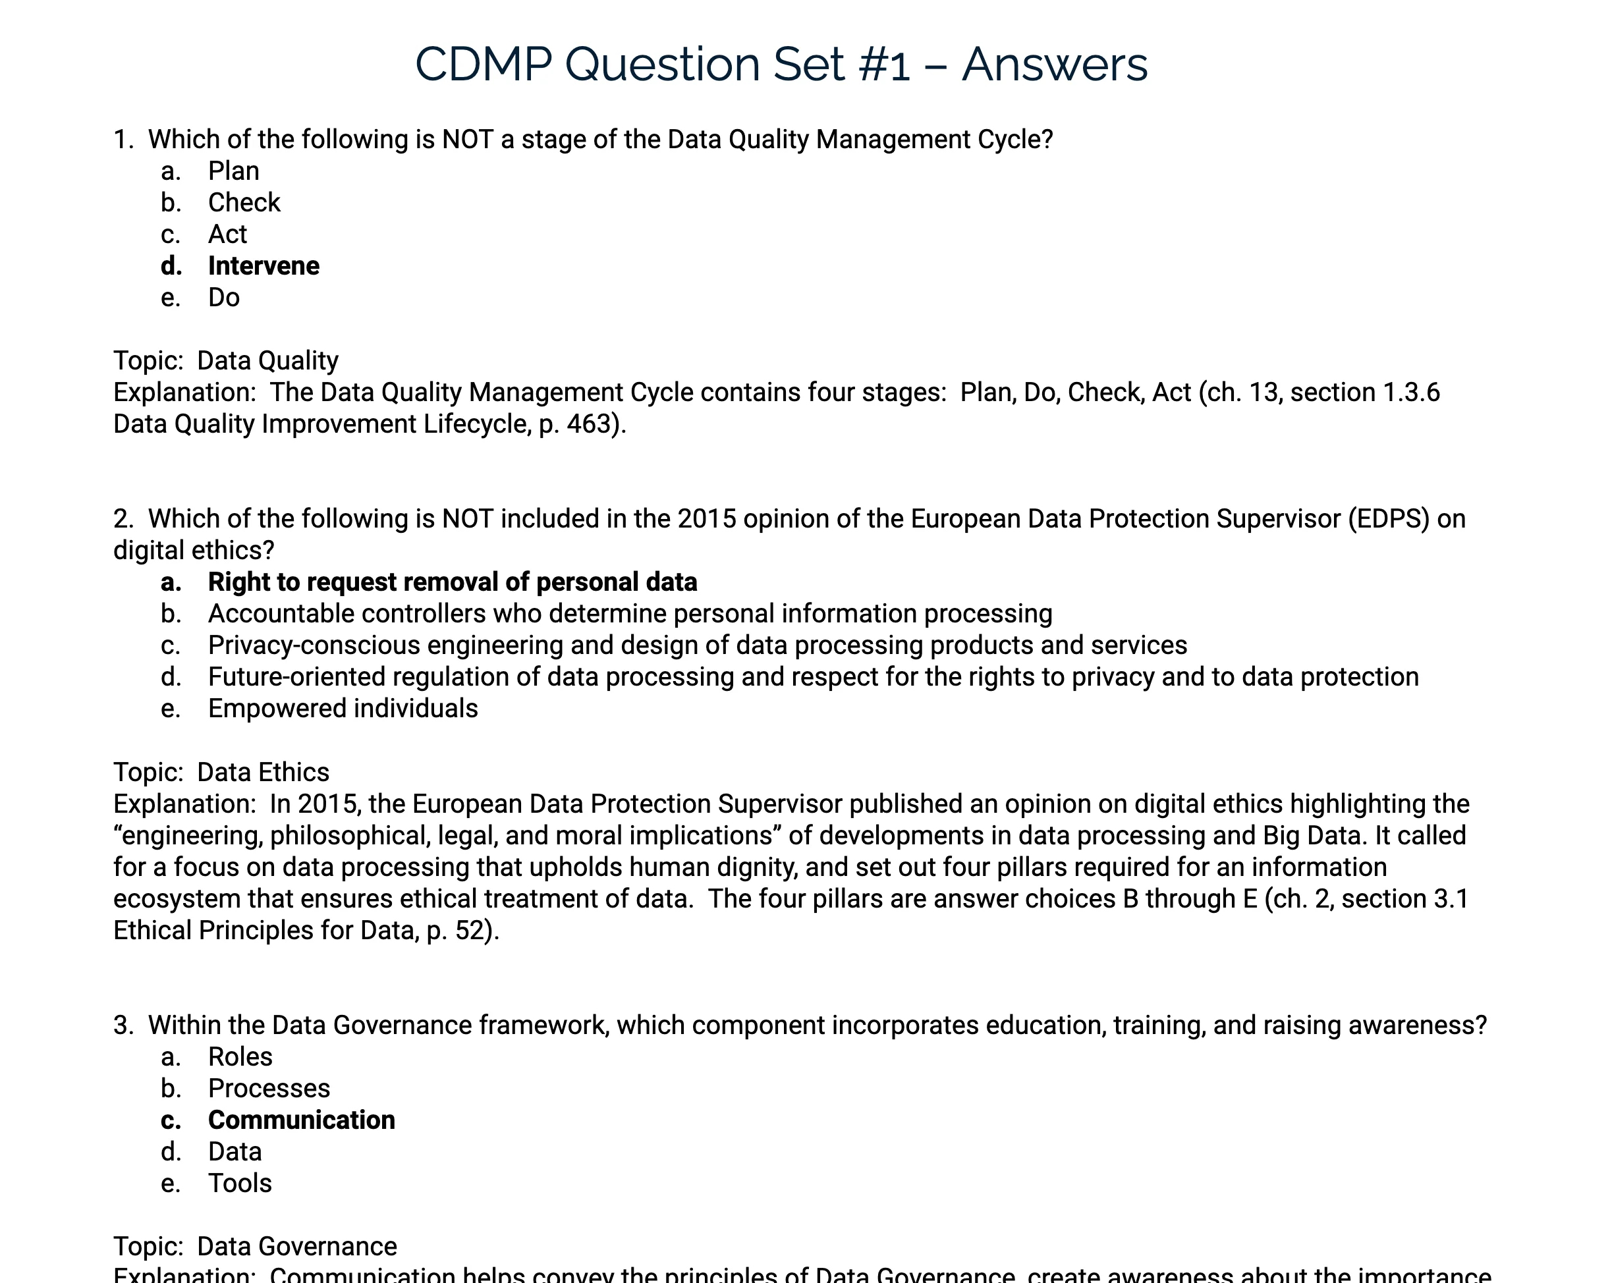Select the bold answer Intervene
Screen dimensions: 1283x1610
(264, 266)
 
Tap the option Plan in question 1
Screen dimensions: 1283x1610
(234, 171)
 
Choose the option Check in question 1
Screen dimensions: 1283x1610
(244, 202)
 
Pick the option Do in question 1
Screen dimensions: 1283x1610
(224, 297)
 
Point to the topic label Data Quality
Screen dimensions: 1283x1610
(267, 361)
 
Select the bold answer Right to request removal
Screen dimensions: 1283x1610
(452, 582)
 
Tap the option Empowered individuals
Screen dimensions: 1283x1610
(343, 708)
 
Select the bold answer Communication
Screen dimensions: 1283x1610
(301, 1120)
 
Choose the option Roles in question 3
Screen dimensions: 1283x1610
(240, 1056)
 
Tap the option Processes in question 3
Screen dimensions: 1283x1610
(269, 1089)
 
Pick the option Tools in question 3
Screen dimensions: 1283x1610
(240, 1184)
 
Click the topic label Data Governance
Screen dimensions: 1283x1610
(296, 1246)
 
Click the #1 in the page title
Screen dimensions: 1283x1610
(885, 65)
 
